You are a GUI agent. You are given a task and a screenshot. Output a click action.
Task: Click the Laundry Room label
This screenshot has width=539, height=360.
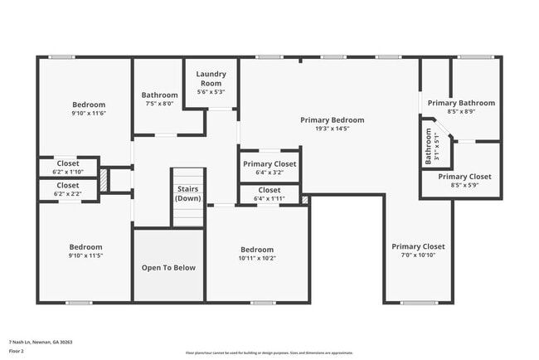tap(210, 78)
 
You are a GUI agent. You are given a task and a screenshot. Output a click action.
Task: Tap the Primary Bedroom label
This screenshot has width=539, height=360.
tap(332, 120)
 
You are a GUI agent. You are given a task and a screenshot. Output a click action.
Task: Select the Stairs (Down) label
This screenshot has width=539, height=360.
tap(188, 193)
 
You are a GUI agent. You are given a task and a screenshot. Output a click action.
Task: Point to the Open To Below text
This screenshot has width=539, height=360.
tap(168, 268)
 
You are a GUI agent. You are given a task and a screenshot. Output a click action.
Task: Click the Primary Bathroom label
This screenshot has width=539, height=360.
tap(460, 103)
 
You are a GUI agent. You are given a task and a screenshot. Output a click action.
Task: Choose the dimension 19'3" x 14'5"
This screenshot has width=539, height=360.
tap(332, 129)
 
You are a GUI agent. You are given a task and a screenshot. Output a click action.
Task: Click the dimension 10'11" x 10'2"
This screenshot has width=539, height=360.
tap(257, 258)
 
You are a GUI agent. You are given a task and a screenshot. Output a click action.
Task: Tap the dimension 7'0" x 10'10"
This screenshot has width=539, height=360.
tap(418, 255)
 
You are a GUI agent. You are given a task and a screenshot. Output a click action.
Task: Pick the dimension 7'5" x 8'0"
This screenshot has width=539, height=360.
tap(159, 104)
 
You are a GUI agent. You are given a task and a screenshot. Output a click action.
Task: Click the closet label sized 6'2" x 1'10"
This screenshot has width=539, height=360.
tap(68, 163)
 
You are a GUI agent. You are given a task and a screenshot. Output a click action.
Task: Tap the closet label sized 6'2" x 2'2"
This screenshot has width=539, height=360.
tap(68, 185)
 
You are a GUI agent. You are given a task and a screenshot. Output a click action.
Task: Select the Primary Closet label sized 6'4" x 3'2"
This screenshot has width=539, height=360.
tap(269, 164)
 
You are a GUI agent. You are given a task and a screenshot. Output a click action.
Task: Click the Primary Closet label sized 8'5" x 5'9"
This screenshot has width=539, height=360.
tap(464, 177)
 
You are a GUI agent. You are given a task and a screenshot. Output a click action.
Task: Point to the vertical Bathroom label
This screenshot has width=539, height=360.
tap(429, 145)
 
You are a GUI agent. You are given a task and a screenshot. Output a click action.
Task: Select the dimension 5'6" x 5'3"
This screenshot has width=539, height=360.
tap(210, 91)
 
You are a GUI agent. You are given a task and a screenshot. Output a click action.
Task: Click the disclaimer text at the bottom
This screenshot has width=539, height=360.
tap(269, 353)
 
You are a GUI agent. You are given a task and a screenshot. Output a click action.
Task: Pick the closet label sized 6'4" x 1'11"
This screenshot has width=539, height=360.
tap(269, 190)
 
